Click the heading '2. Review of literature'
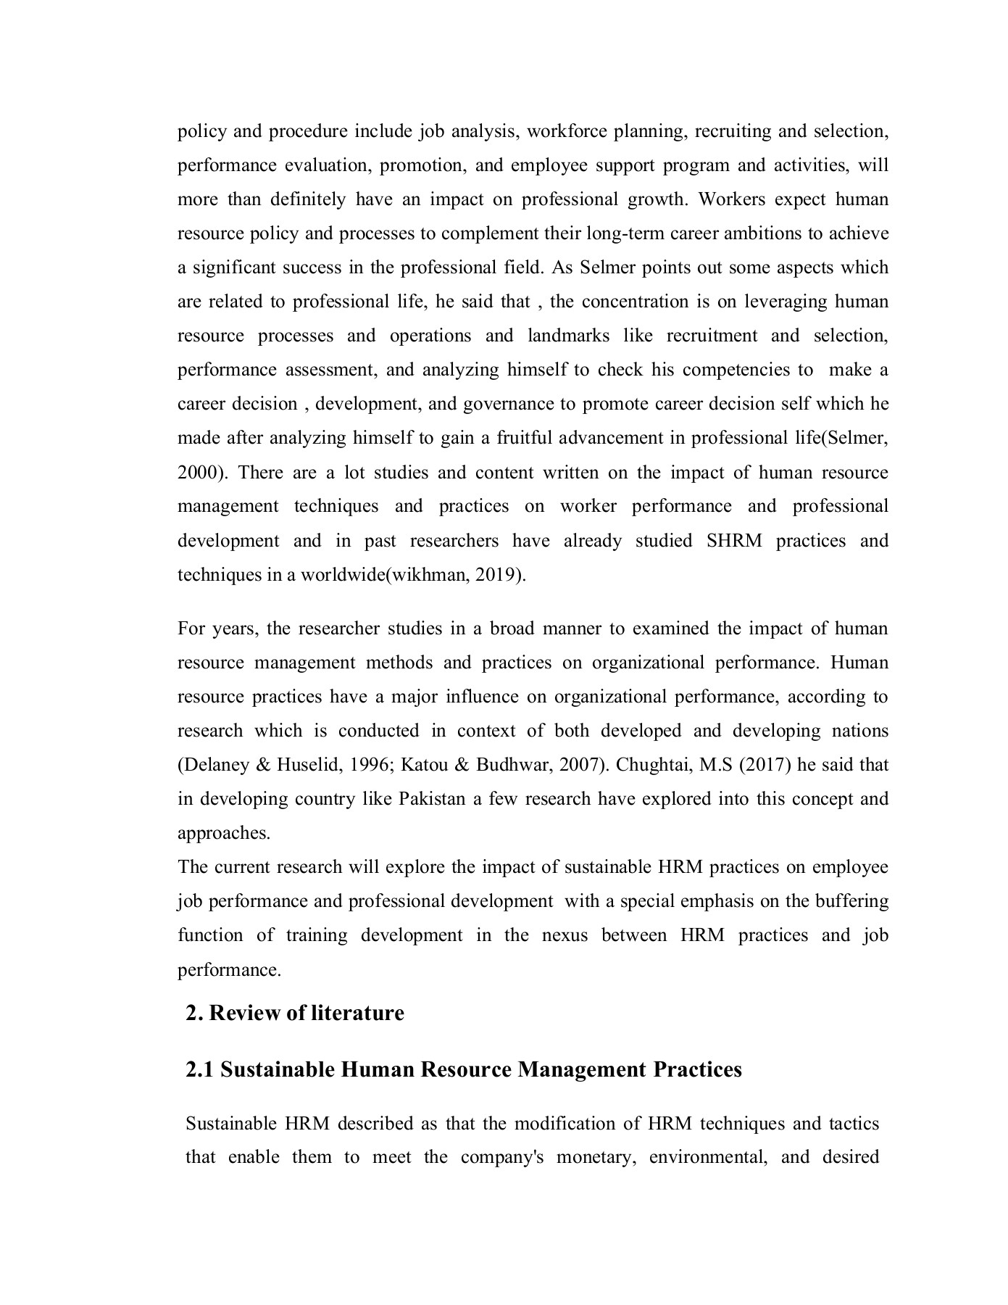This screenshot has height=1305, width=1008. point(294,1013)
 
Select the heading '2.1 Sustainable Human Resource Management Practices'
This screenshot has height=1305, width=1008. point(464,1070)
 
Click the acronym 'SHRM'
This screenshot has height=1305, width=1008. point(733,541)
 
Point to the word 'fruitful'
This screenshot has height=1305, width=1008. point(524,438)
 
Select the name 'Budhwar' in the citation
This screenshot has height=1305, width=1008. point(513,765)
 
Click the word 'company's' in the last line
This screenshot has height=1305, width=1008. point(502,1157)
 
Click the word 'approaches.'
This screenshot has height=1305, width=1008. point(224,833)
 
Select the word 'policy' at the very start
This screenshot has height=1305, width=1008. point(202,131)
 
